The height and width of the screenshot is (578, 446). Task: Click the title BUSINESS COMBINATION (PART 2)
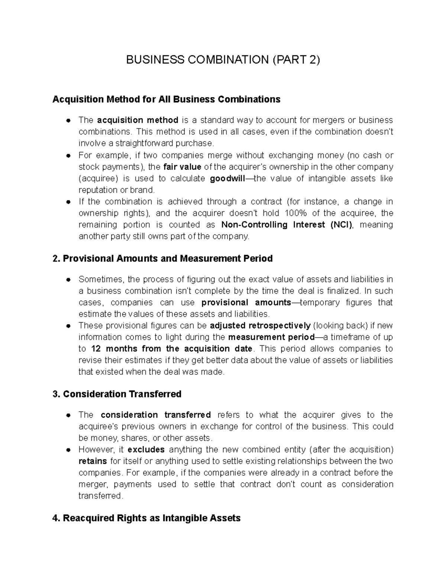point(223,60)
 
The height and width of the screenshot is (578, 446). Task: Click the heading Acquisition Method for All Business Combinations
point(166,99)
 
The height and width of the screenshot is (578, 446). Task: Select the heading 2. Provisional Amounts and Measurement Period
point(163,259)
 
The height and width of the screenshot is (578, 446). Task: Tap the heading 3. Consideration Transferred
point(117,394)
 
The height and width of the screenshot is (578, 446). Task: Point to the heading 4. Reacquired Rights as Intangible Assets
point(147,518)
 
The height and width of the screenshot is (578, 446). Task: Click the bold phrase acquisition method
point(138,120)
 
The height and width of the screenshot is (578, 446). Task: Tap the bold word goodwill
point(227,179)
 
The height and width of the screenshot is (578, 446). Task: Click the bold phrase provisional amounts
point(246,302)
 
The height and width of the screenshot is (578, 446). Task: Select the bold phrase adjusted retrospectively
point(260,326)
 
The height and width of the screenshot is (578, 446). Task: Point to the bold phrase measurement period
point(271,337)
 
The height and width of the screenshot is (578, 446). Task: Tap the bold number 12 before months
point(96,349)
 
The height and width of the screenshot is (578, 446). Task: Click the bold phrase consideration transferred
point(156,415)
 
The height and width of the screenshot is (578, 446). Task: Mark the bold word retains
point(93,461)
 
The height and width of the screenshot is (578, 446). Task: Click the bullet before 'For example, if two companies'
point(68,156)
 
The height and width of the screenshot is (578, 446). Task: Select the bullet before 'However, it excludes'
point(68,450)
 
